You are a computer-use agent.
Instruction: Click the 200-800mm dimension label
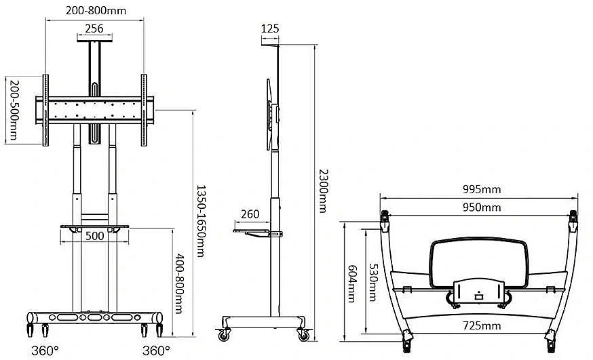coord(96,10)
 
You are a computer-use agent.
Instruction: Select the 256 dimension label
coord(94,28)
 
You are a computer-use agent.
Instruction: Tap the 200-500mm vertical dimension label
coord(14,110)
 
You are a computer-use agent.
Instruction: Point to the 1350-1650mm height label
coord(201,221)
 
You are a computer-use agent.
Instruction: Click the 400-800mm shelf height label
coord(179,283)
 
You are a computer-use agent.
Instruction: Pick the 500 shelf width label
coord(94,236)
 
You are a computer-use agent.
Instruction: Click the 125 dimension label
coord(270,28)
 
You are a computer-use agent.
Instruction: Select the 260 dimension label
coord(250,214)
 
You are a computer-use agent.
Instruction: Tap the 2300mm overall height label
coord(324,191)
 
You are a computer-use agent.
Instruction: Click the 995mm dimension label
coord(482,189)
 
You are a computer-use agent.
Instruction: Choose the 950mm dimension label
coord(482,207)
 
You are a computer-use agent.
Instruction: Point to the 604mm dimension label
coord(352,283)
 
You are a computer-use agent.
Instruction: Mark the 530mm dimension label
coord(373,282)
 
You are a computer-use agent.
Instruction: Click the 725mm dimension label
coord(482,325)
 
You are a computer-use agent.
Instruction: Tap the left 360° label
coord(45,351)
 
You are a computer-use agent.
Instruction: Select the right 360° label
coord(156,351)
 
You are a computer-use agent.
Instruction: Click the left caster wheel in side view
coord(224,335)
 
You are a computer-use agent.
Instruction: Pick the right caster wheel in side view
coord(304,335)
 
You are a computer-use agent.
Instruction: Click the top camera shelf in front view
coord(94,37)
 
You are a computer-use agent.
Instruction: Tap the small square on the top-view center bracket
coord(478,297)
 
